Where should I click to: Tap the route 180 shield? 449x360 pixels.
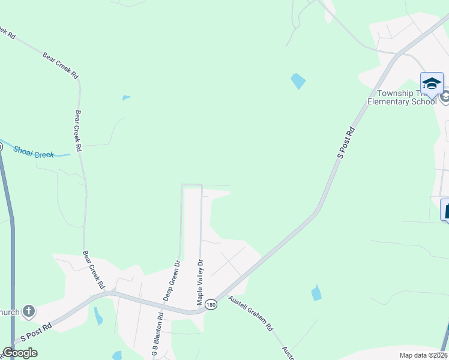pyautogui.click(x=210, y=305)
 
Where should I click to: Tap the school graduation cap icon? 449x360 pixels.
pyautogui.click(x=432, y=84)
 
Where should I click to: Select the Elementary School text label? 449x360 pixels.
pyautogui.click(x=402, y=101)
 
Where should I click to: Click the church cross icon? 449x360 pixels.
pyautogui.click(x=28, y=311)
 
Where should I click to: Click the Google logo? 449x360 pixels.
pyautogui.click(x=20, y=353)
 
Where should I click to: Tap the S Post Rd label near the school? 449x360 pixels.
pyautogui.click(x=345, y=142)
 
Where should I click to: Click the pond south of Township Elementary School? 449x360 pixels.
pyautogui.click(x=298, y=80)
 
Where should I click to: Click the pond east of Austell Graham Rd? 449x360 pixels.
pyautogui.click(x=316, y=293)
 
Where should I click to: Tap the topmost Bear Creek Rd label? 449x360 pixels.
pyautogui.click(x=60, y=65)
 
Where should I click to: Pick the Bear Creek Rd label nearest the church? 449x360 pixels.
pyautogui.click(x=94, y=269)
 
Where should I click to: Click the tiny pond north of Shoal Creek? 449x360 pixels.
pyautogui.click(x=125, y=97)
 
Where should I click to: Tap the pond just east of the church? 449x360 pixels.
pyautogui.click(x=98, y=316)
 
